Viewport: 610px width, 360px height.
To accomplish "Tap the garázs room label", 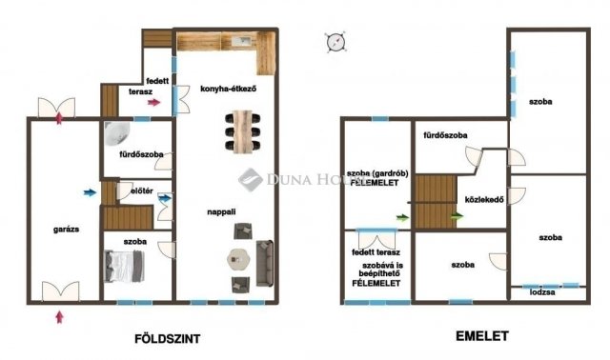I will tap(66, 230).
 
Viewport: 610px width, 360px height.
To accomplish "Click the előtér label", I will tap(130, 191).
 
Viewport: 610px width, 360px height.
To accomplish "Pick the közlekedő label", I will tap(483, 199).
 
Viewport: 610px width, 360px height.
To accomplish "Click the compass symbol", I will tap(335, 41).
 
